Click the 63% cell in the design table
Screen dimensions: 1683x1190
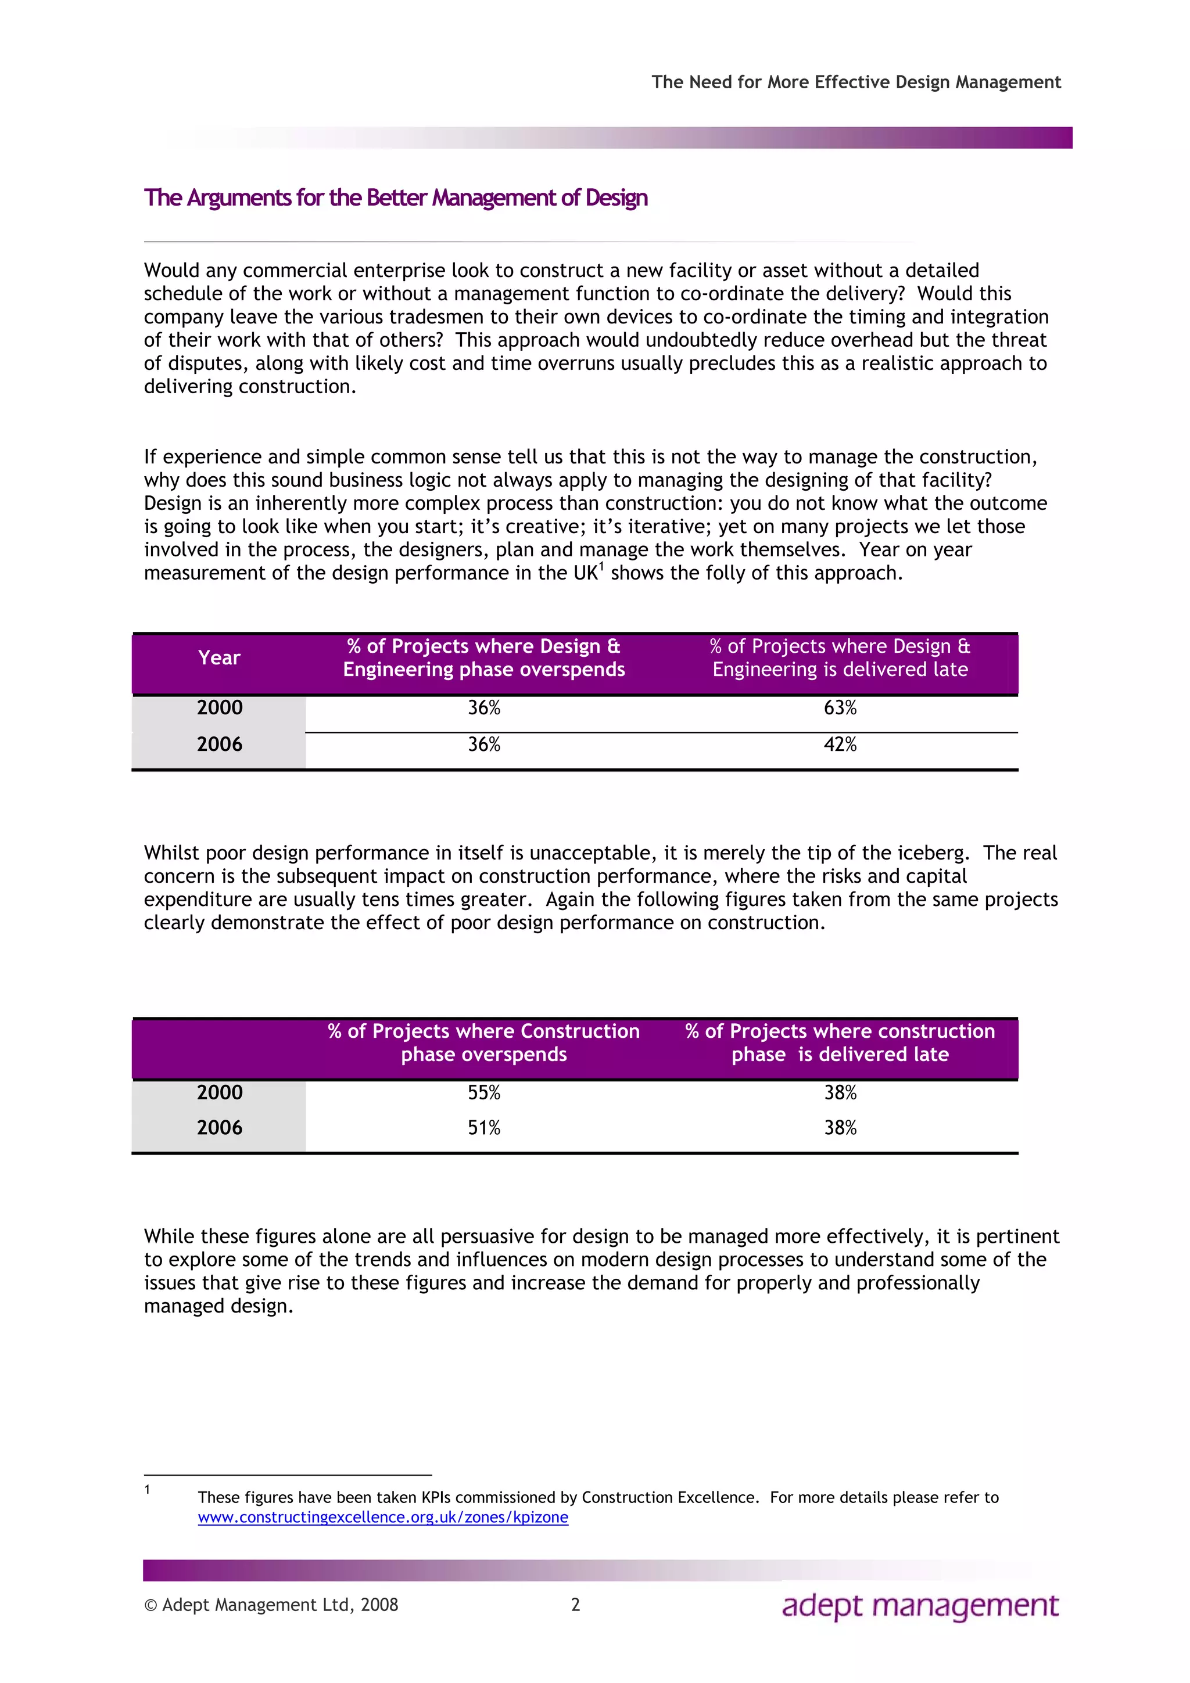click(840, 708)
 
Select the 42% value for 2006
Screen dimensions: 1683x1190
click(840, 745)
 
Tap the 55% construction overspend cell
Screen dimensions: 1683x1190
click(484, 1093)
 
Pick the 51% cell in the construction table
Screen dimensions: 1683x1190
click(484, 1128)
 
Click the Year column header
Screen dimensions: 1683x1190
click(219, 658)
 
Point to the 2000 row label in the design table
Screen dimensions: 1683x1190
click(219, 708)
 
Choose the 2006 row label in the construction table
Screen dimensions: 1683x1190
click(219, 1128)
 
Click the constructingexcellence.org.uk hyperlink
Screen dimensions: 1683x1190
click(383, 1517)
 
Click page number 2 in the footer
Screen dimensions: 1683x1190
click(576, 1605)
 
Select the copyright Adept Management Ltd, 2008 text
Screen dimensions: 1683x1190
click(271, 1605)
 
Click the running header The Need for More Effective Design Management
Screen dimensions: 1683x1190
click(856, 82)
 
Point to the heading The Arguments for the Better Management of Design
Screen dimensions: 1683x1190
click(396, 198)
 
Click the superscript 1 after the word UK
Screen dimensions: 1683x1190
click(601, 566)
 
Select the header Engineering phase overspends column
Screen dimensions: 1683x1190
click(484, 658)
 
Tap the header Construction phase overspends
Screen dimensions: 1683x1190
click(484, 1043)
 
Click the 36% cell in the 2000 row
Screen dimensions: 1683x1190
click(484, 708)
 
